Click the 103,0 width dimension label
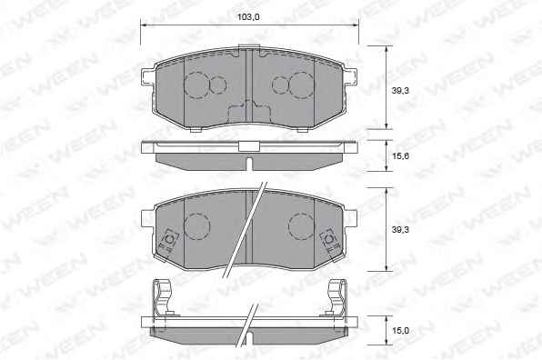pyautogui.click(x=248, y=17)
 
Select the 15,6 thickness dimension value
pyautogui.click(x=400, y=155)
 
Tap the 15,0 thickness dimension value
pyautogui.click(x=400, y=331)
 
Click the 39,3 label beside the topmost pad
pyautogui.click(x=400, y=91)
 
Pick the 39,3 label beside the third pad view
pyautogui.click(x=400, y=229)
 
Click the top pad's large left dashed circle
pyautogui.click(x=197, y=85)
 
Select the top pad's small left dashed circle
pyautogui.click(x=217, y=85)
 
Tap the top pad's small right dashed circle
pyautogui.click(x=280, y=85)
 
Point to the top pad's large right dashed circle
pyautogui.click(x=301, y=85)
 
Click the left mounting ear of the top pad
pyautogui.click(x=148, y=77)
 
